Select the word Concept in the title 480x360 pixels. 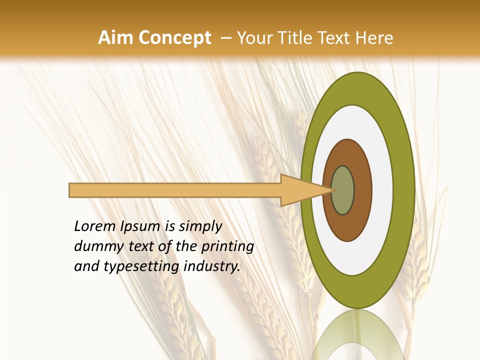(175, 38)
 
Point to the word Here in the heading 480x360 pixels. (374, 38)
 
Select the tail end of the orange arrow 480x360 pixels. (71, 190)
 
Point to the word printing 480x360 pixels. (227, 246)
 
